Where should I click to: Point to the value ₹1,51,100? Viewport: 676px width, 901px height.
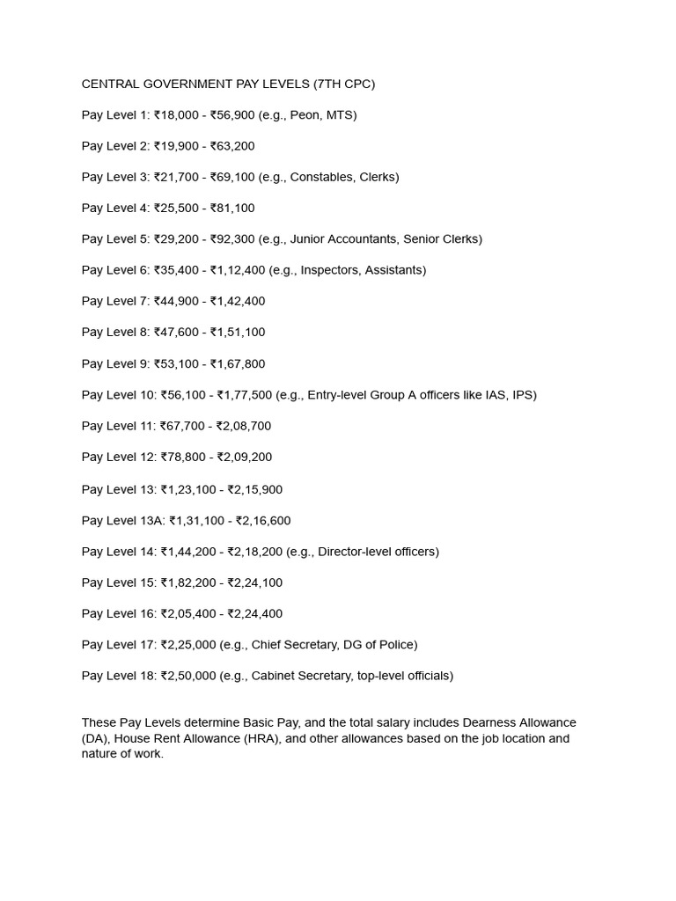point(238,332)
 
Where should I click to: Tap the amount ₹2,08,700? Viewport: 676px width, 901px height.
point(244,426)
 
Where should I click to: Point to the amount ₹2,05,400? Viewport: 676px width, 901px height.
point(189,613)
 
